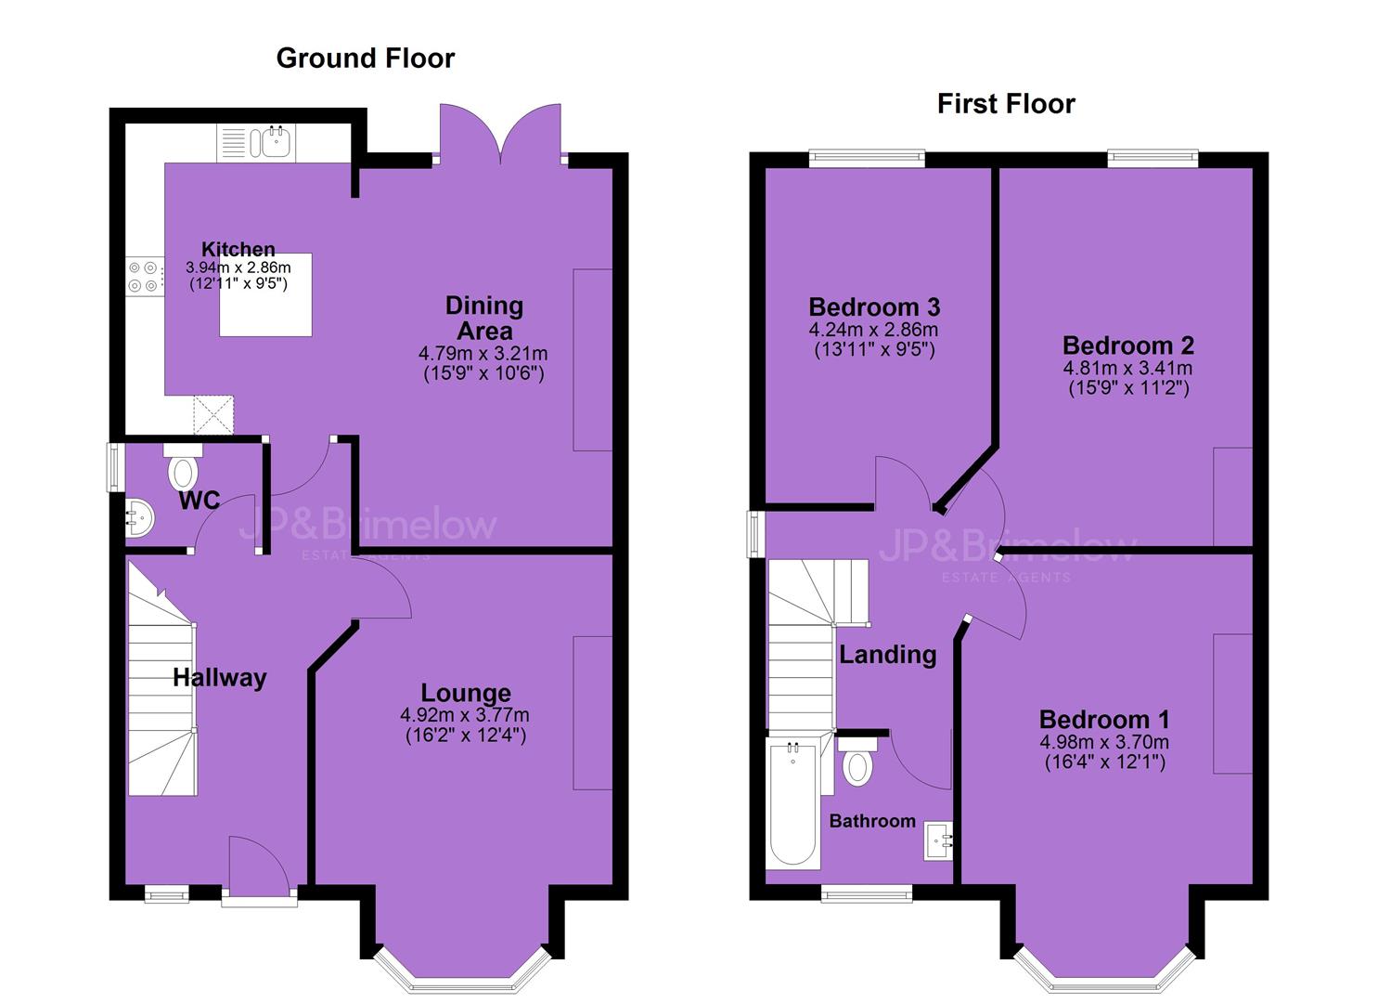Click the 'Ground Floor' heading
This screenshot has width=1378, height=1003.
366,59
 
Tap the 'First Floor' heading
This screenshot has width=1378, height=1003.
1006,103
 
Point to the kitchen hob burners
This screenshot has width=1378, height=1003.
143,277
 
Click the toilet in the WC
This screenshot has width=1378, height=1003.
183,468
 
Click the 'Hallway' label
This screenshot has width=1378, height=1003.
220,677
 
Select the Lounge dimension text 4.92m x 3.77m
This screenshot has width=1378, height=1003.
465,715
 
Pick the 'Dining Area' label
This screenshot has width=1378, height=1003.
484,319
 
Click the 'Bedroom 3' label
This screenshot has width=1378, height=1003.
874,306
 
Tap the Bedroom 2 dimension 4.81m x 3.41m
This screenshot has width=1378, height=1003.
1127,368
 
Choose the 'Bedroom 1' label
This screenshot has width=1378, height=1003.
1104,719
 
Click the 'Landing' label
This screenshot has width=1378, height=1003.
888,655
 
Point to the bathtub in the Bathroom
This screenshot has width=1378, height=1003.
793,805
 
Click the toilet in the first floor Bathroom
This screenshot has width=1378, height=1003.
857,761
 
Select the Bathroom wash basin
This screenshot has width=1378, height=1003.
937,841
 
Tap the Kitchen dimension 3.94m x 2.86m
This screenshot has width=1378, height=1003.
238,267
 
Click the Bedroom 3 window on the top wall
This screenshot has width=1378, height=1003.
866,158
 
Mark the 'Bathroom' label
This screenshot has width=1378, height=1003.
872,821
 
